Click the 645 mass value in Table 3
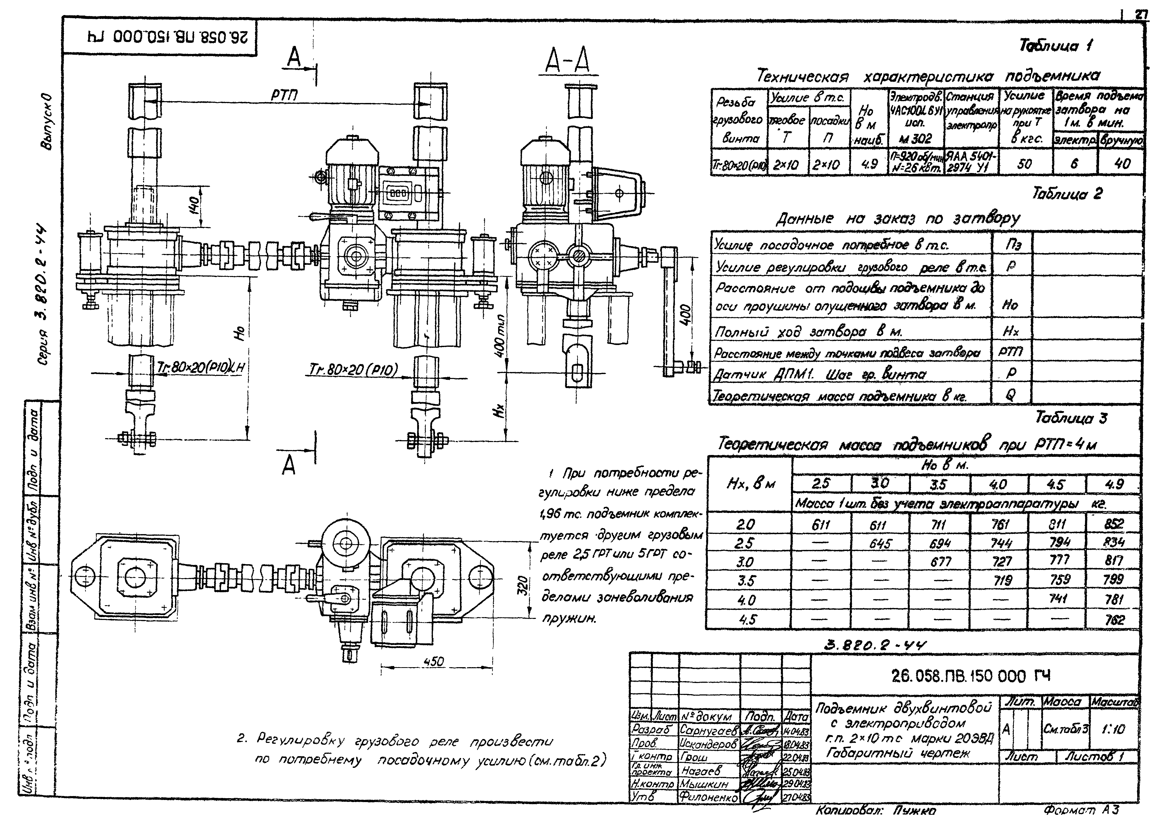pyautogui.click(x=880, y=543)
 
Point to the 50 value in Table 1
pyautogui.click(x=1024, y=164)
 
